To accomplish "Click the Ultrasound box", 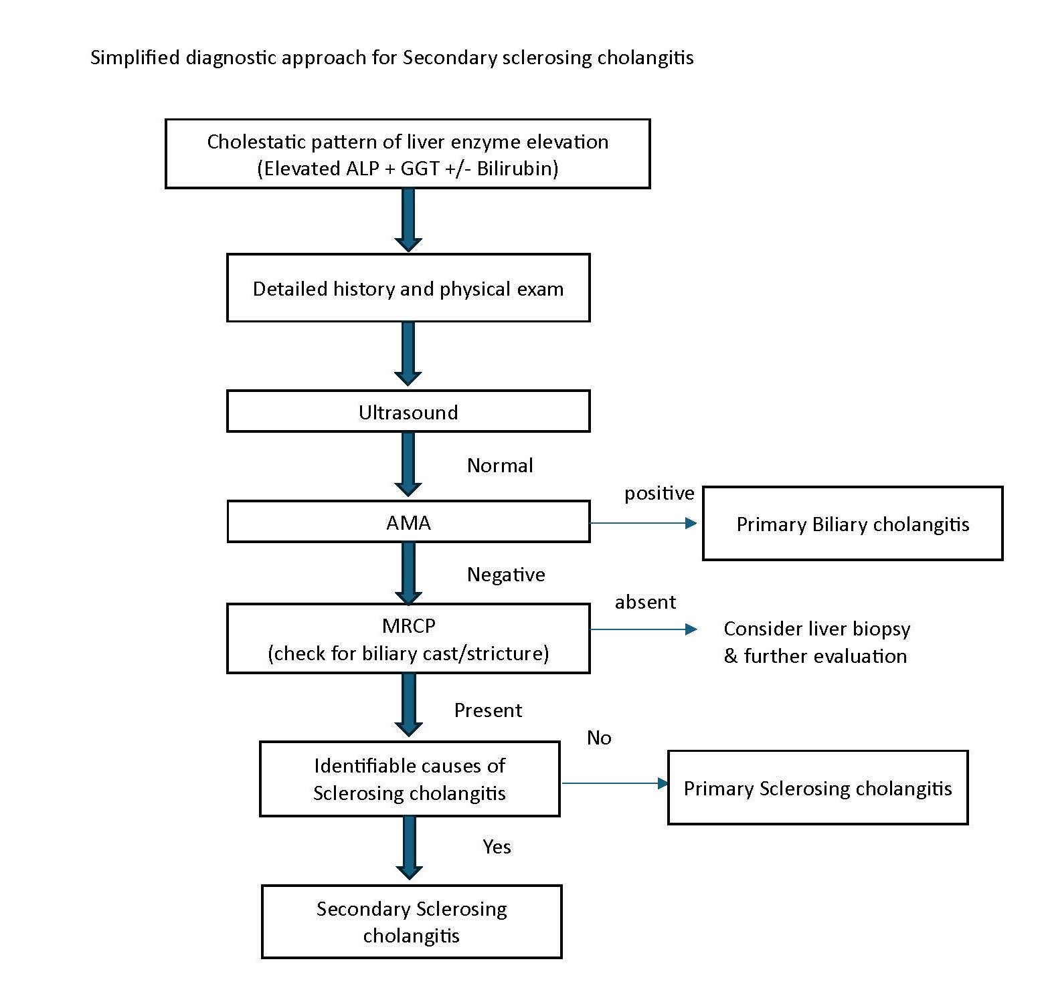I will click(x=408, y=411).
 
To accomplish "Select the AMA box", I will click(x=408, y=522).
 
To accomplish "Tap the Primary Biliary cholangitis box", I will click(x=852, y=524).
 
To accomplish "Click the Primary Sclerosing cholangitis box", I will click(x=817, y=788).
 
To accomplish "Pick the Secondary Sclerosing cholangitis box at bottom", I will click(x=411, y=922).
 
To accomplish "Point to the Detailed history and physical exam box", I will click(x=408, y=288).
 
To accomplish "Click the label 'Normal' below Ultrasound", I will click(x=500, y=466).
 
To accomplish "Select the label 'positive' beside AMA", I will click(x=659, y=494).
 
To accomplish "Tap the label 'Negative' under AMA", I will click(x=506, y=575).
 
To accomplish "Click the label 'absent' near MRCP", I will click(x=645, y=602).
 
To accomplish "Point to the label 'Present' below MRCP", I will click(x=488, y=710).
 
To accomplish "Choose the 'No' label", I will click(x=599, y=738).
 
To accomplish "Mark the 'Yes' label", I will click(x=497, y=847).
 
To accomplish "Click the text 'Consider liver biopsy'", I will click(x=816, y=629).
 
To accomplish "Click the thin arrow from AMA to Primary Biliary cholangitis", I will click(x=642, y=524).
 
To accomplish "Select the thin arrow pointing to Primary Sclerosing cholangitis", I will click(x=614, y=783).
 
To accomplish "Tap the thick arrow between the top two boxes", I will click(x=408, y=219).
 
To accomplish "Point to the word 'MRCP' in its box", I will click(x=408, y=625).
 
